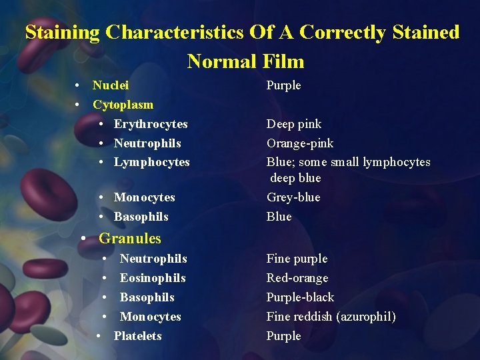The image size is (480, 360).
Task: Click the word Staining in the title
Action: [62, 32]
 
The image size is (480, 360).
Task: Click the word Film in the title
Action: [283, 61]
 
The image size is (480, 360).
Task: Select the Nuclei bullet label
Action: [111, 85]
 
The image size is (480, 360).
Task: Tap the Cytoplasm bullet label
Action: [123, 105]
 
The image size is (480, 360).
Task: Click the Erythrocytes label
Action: [151, 124]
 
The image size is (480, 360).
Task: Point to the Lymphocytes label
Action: [151, 162]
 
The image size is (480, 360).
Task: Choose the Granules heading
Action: [129, 238]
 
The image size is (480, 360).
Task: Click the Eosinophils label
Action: [153, 278]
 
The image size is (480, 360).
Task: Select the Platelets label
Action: [137, 336]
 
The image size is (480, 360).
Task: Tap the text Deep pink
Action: [294, 124]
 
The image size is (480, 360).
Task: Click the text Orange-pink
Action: [300, 143]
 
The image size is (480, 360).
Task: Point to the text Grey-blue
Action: [293, 197]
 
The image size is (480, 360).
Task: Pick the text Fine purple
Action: [297, 259]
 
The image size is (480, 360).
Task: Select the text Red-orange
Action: [297, 278]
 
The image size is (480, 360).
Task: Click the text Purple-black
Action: [300, 297]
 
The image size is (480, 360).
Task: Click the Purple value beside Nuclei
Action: [283, 85]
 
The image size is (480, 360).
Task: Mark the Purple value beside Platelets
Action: [283, 336]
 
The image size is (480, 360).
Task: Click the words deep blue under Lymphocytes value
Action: [296, 178]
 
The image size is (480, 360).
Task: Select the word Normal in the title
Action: [221, 61]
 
